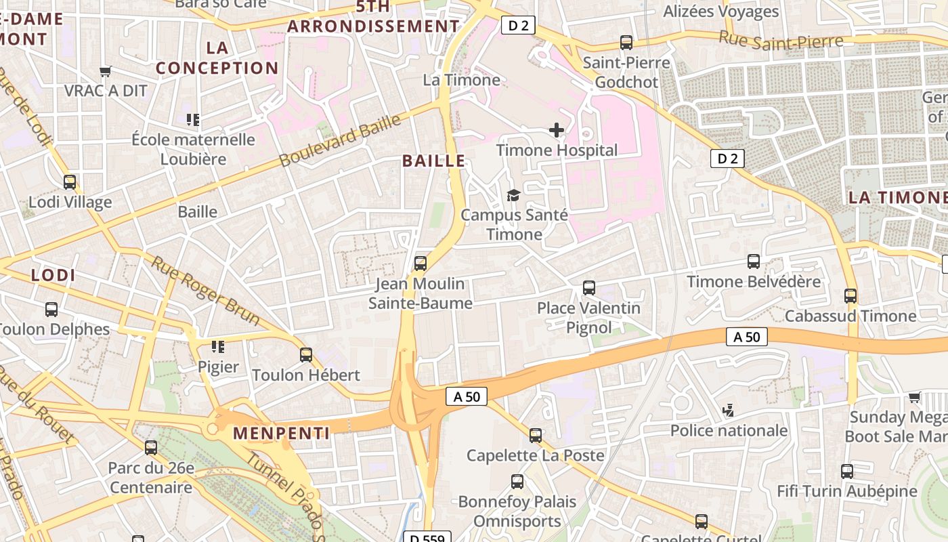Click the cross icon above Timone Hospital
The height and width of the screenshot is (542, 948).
coord(556,129)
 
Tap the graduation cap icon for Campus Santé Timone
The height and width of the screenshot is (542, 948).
coord(514,195)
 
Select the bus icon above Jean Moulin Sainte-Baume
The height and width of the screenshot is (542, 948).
coord(421,263)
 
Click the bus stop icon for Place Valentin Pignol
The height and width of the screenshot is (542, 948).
coord(589,288)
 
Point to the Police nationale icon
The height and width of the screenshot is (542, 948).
coord(729,410)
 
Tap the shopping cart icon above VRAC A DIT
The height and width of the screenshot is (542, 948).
coord(105,71)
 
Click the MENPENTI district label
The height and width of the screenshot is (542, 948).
coord(282,433)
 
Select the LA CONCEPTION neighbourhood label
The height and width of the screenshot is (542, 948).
coord(217,58)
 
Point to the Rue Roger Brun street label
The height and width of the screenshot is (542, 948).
coord(204,290)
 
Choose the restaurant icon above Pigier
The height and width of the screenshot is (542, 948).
coord(217,347)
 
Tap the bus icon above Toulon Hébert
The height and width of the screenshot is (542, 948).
coord(306,354)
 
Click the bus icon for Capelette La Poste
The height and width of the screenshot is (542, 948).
coord(536,435)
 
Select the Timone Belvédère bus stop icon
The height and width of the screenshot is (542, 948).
coord(753,262)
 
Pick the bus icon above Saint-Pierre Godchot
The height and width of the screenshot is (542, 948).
coord(626,43)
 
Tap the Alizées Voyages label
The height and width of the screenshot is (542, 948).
coord(720,12)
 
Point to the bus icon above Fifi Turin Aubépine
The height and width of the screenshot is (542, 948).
coord(846,471)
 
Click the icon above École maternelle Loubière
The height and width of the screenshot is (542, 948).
coord(193,120)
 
